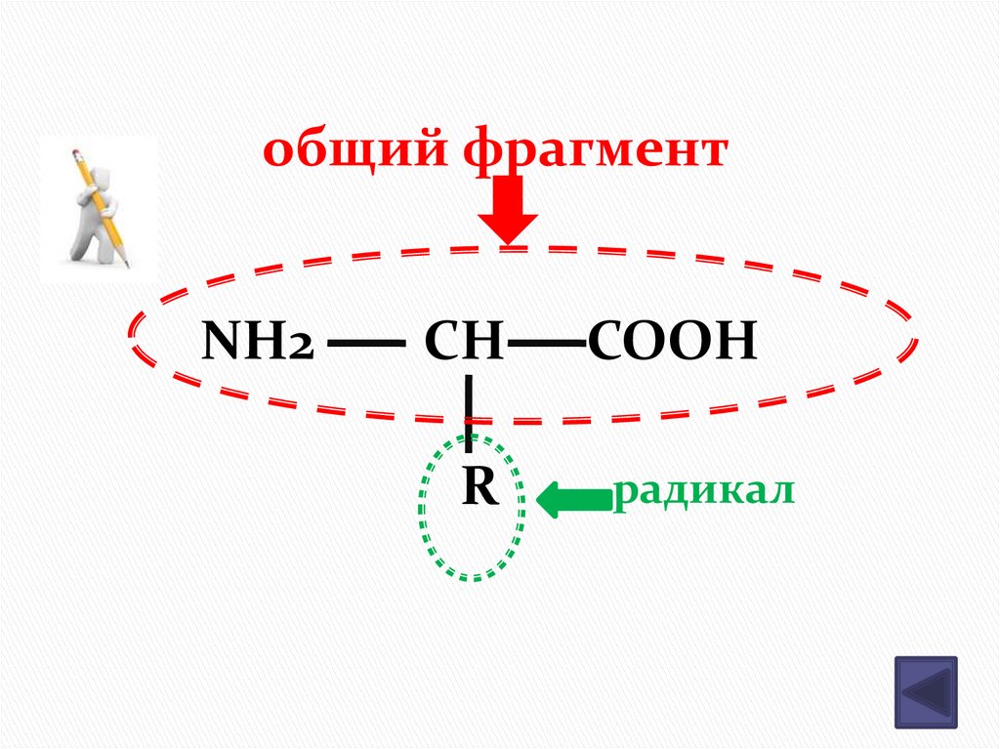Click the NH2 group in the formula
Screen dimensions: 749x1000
coord(257,343)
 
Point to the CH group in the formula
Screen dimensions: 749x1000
coord(464,343)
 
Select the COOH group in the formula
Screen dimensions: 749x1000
coord(672,343)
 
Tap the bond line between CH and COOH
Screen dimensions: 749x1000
coord(547,345)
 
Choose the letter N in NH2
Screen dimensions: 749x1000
coord(221,343)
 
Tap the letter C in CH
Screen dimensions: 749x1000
coord(442,343)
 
